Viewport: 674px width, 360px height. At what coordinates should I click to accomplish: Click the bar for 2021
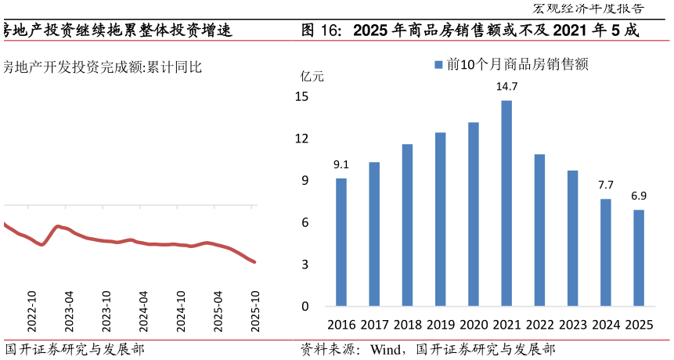pos(506,203)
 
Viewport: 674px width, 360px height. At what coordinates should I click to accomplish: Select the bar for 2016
pos(341,242)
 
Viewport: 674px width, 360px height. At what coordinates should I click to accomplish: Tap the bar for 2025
pos(639,257)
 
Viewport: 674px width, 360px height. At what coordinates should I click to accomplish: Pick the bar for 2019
pos(440,219)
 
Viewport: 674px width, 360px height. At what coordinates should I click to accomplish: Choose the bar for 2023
pos(572,238)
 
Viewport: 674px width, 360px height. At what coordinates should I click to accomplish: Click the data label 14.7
pos(506,86)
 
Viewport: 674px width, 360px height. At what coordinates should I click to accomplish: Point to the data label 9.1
pos(341,164)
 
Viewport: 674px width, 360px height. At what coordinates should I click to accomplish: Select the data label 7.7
pos(606,185)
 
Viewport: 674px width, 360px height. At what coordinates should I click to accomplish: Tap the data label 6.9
pos(639,196)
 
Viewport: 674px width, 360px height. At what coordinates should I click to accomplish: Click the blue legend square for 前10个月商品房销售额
pos(438,65)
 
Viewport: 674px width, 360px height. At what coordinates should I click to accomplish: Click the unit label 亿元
pos(312,76)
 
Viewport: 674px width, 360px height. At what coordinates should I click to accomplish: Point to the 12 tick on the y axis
pos(301,139)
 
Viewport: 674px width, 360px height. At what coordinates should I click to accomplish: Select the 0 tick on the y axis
pos(305,306)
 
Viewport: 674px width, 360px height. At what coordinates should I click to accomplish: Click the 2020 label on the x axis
pos(474,325)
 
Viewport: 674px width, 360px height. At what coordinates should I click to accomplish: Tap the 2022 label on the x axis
pos(539,325)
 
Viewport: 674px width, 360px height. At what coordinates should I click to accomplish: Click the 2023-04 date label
pos(69,312)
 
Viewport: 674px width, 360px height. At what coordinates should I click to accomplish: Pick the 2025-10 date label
pos(255,312)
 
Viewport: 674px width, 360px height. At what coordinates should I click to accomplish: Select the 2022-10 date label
pos(32,312)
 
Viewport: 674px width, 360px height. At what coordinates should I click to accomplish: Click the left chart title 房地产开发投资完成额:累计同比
pos(102,67)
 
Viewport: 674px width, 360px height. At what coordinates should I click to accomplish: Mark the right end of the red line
pos(254,262)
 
